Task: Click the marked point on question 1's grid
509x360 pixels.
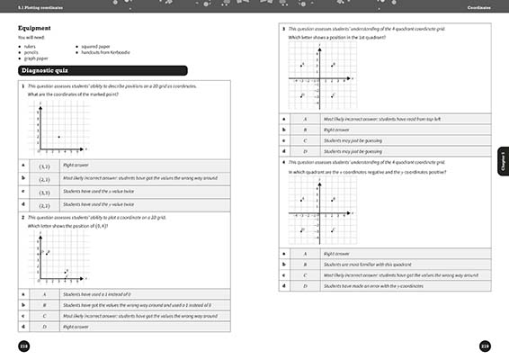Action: click(59, 137)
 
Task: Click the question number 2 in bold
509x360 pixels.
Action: click(21, 217)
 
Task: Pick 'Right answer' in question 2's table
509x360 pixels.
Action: click(76, 326)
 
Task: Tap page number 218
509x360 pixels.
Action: click(24, 346)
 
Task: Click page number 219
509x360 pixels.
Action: click(485, 346)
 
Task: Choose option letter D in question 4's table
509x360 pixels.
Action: click(305, 285)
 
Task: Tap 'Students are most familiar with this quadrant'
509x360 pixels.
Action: click(369, 264)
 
